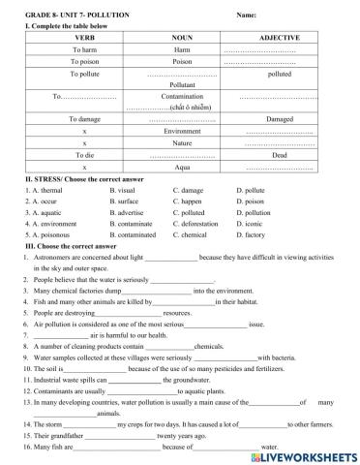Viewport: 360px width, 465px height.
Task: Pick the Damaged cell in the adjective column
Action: pyautogui.click(x=279, y=118)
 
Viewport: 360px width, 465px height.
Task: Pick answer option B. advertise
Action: pyautogui.click(x=130, y=212)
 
